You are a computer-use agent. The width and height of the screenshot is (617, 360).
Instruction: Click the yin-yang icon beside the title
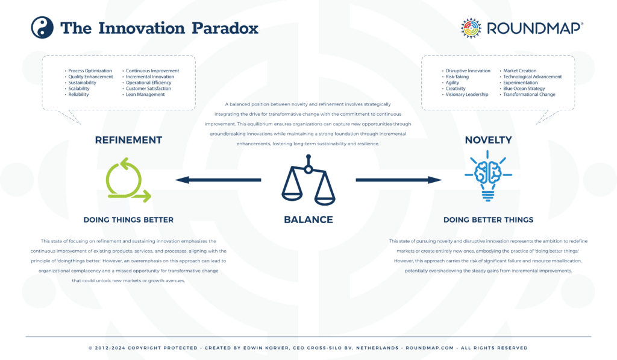42,28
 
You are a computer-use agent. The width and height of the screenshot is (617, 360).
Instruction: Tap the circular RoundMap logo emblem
471,28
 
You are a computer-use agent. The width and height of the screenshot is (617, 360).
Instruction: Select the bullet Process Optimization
90,71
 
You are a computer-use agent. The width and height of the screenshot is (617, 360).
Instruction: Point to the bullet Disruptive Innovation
468,71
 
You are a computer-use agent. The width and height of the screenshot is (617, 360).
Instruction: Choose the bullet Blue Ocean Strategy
524,89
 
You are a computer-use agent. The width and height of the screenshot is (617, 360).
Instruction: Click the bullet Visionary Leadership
467,95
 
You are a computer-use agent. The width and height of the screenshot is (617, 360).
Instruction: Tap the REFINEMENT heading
128,140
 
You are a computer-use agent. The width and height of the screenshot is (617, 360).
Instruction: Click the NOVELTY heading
488,140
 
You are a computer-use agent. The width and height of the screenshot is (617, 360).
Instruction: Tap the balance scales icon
308,179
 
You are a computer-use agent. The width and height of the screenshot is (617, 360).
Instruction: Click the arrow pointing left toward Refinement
218,180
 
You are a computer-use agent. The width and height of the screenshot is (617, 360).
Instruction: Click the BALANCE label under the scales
308,219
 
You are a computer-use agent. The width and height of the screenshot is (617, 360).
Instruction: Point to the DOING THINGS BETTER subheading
128,219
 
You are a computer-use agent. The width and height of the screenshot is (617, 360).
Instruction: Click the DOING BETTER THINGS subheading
488,219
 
